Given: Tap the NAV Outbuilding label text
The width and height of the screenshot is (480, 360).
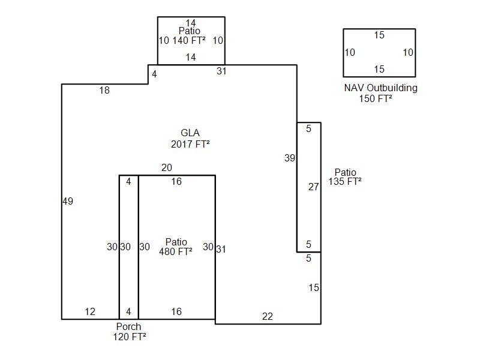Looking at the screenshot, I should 380,88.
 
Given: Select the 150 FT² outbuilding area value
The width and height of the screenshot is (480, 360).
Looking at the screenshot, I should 376,98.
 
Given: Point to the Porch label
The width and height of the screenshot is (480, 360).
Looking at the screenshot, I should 129,326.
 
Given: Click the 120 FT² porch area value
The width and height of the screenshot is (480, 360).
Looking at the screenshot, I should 130,337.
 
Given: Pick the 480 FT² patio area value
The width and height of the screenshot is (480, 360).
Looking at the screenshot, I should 176,252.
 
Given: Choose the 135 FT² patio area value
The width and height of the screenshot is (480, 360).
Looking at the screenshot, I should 345,181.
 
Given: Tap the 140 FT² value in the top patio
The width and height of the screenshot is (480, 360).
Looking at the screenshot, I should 190,41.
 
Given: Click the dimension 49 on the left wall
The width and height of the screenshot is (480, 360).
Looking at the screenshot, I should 68,202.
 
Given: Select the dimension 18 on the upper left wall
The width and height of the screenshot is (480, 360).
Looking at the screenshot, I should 104,91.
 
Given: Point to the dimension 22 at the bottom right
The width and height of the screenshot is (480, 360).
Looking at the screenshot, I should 268,317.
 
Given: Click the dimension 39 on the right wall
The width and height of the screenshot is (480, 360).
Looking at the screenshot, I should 290,158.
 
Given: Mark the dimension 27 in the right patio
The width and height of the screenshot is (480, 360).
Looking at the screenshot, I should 314,187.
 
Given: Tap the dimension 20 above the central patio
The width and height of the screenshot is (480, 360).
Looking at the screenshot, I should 166,168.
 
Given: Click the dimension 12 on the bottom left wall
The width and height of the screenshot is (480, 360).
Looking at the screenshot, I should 90,311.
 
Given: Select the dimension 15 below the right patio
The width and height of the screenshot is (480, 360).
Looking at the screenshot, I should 314,288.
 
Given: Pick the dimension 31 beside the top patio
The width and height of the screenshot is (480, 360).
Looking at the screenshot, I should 222,71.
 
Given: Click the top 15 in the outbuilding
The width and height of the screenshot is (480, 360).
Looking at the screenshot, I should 379,35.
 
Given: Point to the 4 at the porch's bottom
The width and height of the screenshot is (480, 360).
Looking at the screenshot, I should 128,311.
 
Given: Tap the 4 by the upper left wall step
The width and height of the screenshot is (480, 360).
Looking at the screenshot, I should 154,74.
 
